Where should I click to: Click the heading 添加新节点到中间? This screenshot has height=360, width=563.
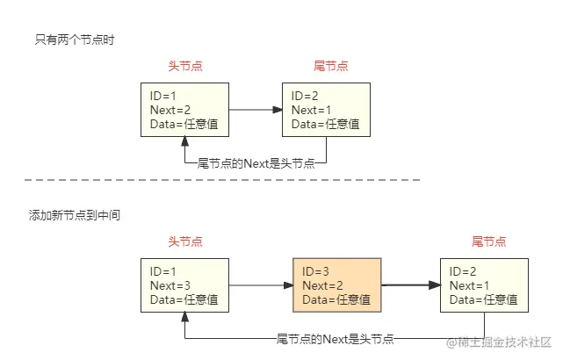pyautogui.click(x=75, y=214)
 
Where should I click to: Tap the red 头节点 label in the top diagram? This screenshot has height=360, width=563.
pyautogui.click(x=184, y=67)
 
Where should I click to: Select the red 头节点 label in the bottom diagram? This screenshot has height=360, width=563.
pyautogui.click(x=184, y=241)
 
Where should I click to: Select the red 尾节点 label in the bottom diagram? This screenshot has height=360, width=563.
pyautogui.click(x=488, y=241)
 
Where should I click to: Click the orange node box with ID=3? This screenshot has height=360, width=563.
pyautogui.click(x=336, y=285)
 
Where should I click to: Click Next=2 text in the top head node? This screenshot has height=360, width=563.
pyautogui.click(x=171, y=110)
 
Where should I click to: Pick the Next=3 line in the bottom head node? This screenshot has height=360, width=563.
pyautogui.click(x=171, y=285)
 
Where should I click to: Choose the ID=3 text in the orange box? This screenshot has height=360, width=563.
pyautogui.click(x=318, y=271)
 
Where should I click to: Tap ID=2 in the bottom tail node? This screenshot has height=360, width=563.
pyautogui.click(x=464, y=271)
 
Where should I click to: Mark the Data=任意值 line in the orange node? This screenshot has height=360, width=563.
pyautogui.click(x=336, y=299)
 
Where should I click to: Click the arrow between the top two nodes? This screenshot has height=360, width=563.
pyautogui.click(x=256, y=110)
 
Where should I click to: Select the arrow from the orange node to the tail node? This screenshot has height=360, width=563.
pyautogui.click(x=410, y=285)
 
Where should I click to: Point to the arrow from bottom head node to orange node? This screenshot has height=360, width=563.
pyautogui.click(x=261, y=285)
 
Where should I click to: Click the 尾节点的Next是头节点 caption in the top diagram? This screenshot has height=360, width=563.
pyautogui.click(x=256, y=163)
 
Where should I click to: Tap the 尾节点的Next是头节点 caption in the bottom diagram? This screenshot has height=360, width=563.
pyautogui.click(x=335, y=339)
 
